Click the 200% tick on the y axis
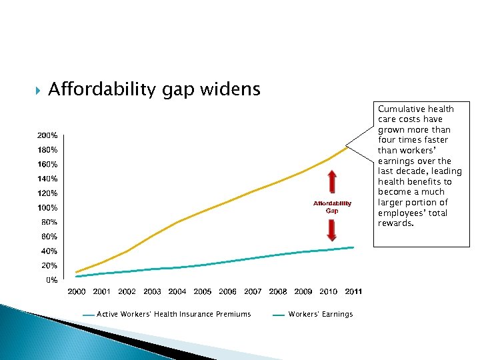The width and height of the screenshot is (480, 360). [47, 135]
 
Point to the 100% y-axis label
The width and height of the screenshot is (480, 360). [47, 207]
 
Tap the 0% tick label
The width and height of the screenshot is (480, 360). [51, 280]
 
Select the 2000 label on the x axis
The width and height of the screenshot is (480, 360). [77, 291]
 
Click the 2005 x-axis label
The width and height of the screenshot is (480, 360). [203, 291]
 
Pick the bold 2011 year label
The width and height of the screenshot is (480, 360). [353, 291]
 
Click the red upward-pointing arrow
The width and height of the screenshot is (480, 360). [332, 182]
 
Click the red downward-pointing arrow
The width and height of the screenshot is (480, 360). [332, 230]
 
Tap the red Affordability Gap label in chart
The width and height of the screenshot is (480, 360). [332, 207]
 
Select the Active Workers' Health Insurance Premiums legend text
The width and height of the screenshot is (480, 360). [174, 314]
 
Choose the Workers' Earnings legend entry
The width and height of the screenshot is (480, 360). [321, 314]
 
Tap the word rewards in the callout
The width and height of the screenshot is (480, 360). [395, 223]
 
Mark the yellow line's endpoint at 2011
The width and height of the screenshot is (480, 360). [346, 147]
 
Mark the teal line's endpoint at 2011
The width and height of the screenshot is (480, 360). [353, 247]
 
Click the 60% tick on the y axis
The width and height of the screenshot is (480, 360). [49, 237]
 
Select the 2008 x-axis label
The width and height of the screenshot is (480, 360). [278, 291]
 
